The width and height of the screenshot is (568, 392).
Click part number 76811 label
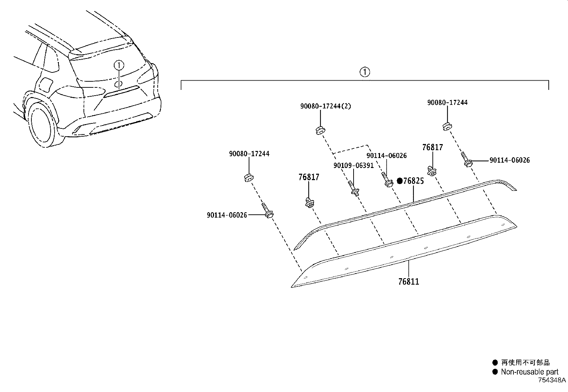pyautogui.click(x=409, y=281)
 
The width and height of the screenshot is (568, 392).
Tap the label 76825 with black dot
pyautogui.click(x=411, y=181)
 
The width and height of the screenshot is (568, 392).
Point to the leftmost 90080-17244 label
pyautogui.click(x=249, y=154)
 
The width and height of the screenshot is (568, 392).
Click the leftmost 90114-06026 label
pyautogui.click(x=227, y=215)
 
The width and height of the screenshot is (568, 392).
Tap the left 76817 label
pyautogui.click(x=309, y=177)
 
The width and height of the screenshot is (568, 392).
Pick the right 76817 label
pyautogui.click(x=432, y=147)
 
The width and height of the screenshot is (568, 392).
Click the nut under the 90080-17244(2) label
pyautogui.click(x=320, y=130)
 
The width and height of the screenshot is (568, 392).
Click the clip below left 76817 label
pyautogui.click(x=309, y=203)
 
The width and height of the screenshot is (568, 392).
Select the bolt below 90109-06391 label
pyautogui.click(x=353, y=189)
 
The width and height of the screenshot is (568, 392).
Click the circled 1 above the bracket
pyautogui.click(x=364, y=72)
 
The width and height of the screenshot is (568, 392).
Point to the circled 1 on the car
pyautogui.click(x=119, y=65)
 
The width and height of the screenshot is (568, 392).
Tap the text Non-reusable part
pyautogui.click(x=529, y=372)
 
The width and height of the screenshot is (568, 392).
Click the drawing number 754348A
pyautogui.click(x=552, y=380)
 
